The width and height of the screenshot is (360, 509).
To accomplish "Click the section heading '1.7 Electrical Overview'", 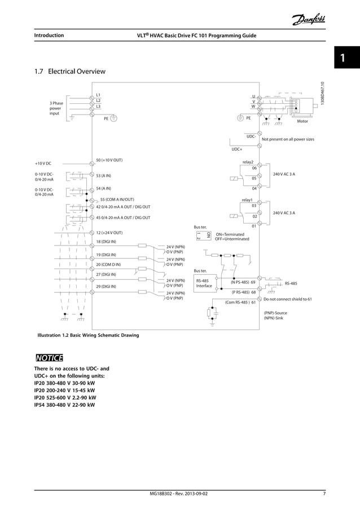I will (70, 72).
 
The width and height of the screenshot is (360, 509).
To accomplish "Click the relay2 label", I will (248, 161).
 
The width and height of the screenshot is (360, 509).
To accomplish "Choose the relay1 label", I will (247, 200).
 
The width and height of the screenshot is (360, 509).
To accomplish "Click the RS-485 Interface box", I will (204, 283).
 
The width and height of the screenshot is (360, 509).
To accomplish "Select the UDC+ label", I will (236, 150).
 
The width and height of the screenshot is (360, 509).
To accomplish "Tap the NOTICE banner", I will (49, 358).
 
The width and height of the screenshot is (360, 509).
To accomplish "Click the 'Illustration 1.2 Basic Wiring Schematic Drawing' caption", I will (87, 335).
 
